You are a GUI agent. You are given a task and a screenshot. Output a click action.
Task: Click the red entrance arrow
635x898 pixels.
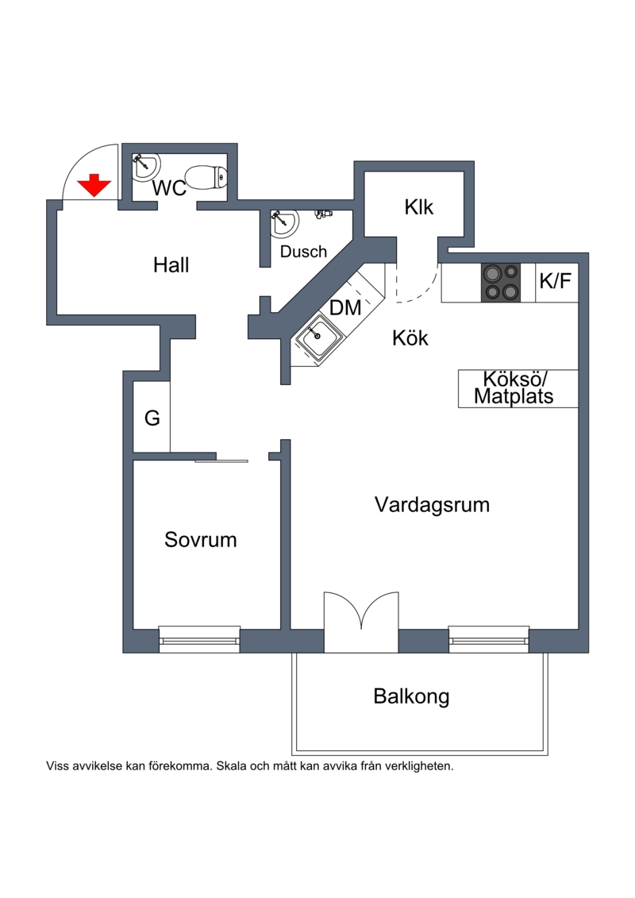(94, 185)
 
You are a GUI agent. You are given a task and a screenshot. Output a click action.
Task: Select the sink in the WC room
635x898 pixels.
(144, 165)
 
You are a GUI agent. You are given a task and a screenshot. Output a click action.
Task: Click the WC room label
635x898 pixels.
(169, 189)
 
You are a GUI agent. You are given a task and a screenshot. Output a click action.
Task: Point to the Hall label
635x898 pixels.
(171, 265)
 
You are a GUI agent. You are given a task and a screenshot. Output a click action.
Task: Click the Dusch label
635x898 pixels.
(303, 252)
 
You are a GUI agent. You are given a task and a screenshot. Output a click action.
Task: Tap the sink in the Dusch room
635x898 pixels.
(283, 223)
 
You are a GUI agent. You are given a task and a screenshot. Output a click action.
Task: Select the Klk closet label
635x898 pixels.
(418, 208)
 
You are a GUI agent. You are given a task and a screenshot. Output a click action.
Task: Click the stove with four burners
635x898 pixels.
(501, 282)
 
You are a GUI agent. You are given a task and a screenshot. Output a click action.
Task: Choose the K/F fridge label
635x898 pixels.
(556, 281)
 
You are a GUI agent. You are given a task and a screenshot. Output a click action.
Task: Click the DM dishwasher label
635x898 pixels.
(345, 308)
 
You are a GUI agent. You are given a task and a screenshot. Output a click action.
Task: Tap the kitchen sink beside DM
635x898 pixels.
(319, 339)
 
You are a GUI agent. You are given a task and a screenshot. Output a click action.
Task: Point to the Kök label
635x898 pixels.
(410, 338)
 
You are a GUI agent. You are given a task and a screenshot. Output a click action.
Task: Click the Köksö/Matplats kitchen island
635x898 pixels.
(518, 388)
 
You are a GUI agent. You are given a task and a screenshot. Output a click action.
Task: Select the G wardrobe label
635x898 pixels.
(152, 418)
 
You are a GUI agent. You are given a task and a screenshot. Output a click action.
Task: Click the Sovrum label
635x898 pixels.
(201, 540)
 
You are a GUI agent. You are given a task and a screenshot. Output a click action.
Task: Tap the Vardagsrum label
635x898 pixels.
(432, 504)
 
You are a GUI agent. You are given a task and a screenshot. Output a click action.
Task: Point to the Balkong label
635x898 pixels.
(411, 696)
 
